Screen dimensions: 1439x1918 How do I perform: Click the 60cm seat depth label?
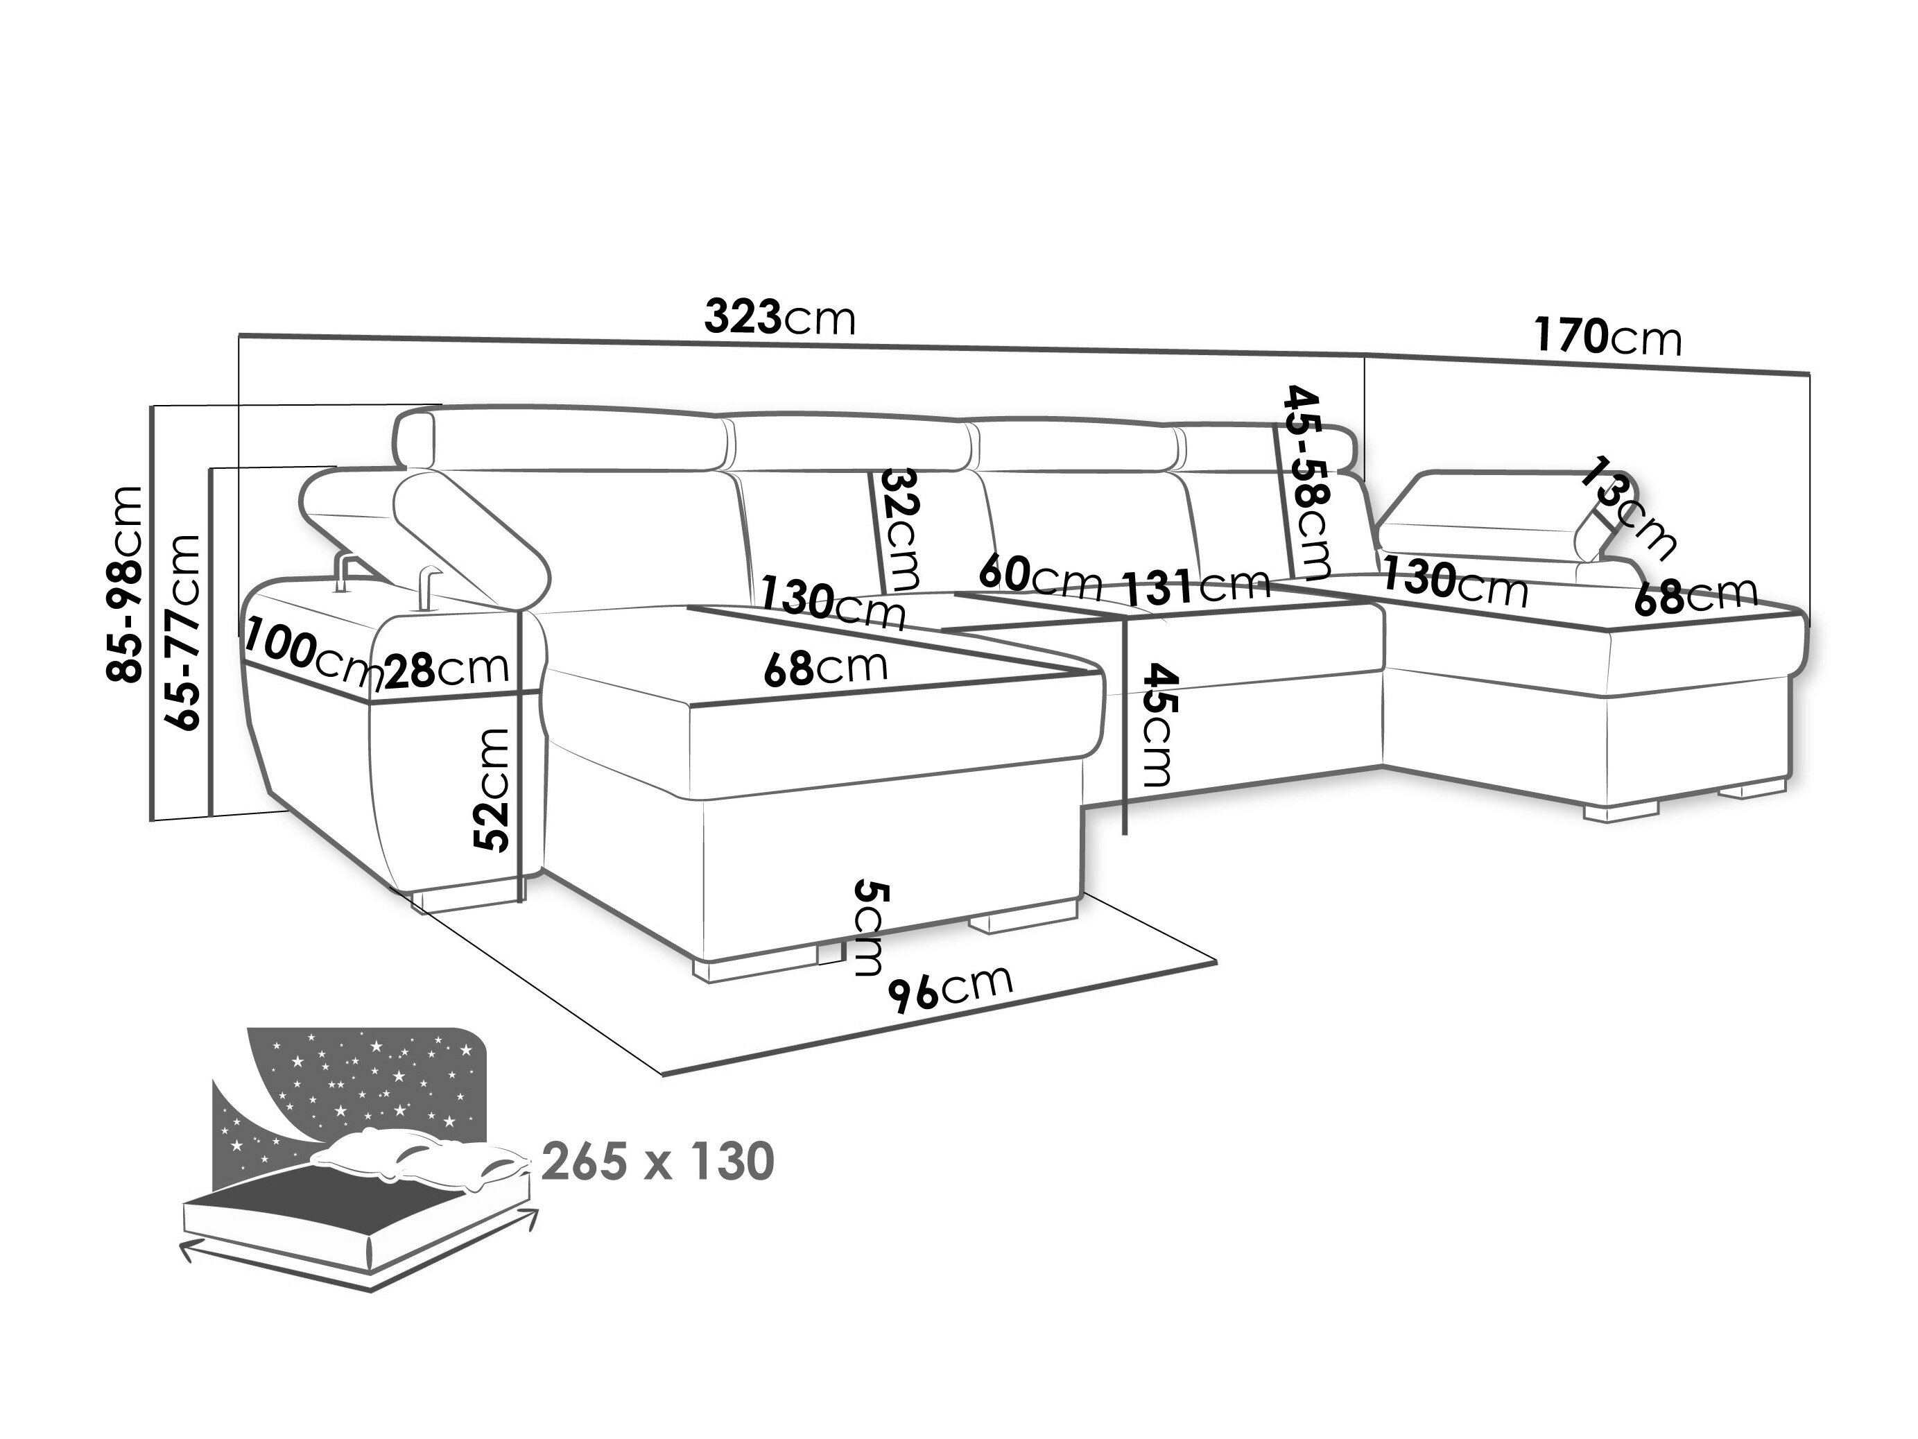(1041, 576)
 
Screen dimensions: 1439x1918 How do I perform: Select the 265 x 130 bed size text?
(658, 1162)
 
